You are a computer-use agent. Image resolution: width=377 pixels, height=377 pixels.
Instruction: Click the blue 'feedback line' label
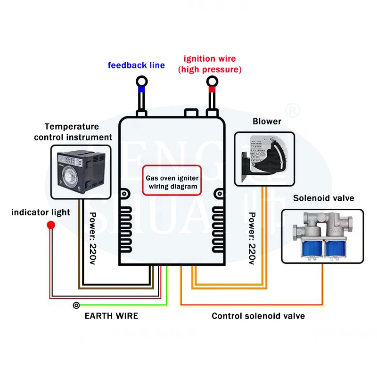click(136, 65)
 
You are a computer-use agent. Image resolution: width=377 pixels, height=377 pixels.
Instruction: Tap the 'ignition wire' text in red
click(210, 59)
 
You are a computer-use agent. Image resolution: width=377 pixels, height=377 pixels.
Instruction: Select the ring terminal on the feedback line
click(141, 82)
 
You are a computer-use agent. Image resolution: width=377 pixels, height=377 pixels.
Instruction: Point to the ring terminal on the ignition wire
click(212, 82)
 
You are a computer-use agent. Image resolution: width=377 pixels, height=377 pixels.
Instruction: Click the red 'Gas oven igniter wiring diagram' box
click(172, 180)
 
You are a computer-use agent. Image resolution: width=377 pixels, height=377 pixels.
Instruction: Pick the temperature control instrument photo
click(81, 171)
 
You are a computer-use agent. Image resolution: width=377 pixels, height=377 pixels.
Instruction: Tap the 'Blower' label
click(267, 122)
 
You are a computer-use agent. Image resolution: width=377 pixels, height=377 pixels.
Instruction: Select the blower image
click(264, 158)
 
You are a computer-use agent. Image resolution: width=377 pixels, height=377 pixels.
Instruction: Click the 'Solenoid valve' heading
click(323, 198)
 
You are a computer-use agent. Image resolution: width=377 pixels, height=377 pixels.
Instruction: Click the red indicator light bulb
click(50, 225)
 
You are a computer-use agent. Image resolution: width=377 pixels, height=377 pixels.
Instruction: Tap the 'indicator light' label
click(41, 213)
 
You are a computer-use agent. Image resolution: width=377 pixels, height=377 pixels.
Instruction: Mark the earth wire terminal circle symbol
click(76, 305)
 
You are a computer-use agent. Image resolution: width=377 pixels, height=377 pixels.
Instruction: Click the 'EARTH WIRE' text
click(111, 316)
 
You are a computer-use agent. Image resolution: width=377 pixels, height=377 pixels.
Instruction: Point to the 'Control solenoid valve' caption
click(258, 316)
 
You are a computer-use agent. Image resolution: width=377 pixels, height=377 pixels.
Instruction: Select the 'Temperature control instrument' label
click(73, 132)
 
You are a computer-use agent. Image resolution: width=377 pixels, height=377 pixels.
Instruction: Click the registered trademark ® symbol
click(293, 111)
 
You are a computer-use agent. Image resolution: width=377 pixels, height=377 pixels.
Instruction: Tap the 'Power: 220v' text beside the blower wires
click(253, 238)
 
